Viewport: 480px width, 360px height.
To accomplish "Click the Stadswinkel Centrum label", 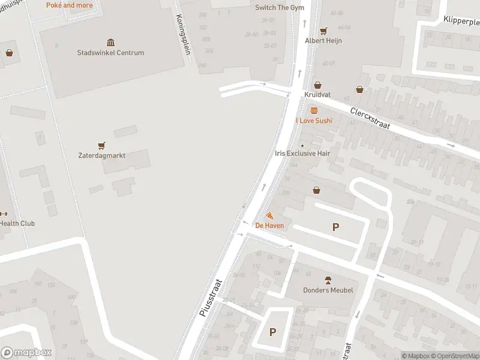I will click(110, 53).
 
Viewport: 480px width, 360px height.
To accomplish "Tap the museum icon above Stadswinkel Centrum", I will click(111, 42).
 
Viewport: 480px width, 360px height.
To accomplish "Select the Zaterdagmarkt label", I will click(102, 155).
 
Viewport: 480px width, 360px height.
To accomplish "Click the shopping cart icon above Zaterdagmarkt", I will click(101, 145).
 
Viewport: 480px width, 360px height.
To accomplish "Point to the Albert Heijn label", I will click(323, 41).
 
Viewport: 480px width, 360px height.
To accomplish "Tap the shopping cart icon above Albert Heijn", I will click(323, 31).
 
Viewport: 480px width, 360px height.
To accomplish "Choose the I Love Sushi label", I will click(314, 121).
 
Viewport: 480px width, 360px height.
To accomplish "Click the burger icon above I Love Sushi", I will click(314, 110).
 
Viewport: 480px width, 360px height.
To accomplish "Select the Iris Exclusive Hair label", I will click(303, 154).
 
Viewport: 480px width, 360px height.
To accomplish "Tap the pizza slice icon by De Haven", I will click(269, 215).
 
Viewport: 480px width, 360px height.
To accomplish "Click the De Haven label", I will click(269, 226).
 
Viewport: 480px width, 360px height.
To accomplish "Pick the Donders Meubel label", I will click(328, 290).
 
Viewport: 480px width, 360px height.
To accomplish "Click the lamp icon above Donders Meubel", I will click(328, 280).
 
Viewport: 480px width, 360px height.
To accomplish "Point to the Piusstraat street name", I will click(211, 298).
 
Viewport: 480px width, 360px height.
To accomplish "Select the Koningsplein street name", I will click(183, 35).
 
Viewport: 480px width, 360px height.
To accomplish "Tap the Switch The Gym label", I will click(280, 8).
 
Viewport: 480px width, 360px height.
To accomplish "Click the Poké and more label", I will click(70, 5).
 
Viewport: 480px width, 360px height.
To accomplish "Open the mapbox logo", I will click(26, 353).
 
